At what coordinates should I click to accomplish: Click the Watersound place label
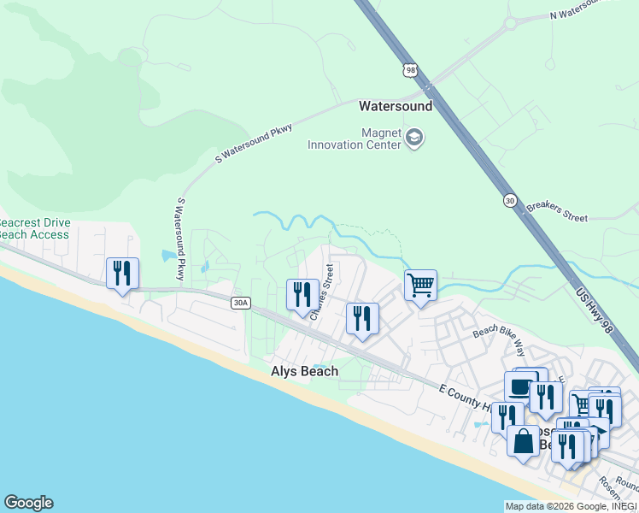tap(396, 107)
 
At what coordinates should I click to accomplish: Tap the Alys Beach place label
tap(304, 371)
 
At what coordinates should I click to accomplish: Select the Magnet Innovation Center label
tap(357, 139)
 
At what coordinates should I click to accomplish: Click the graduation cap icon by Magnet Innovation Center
tap(414, 138)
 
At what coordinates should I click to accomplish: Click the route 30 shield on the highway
tap(510, 200)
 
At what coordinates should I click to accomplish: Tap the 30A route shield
tap(240, 302)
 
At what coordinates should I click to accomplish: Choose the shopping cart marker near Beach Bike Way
tap(419, 286)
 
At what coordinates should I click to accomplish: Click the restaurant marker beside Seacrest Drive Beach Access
tap(122, 274)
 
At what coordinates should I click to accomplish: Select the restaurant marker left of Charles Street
tap(301, 296)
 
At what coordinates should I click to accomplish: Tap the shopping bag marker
tap(523, 442)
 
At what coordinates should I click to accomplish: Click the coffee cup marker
tap(520, 387)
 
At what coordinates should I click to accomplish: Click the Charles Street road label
tap(320, 292)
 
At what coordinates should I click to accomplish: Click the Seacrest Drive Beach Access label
tap(35, 228)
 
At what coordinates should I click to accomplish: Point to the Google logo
tap(28, 503)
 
